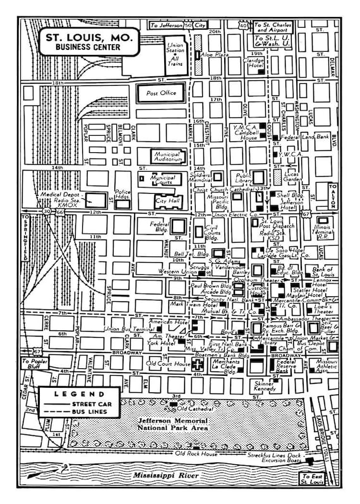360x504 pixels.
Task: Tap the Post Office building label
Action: pos(161,93)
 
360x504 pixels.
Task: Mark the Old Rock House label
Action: pos(196,453)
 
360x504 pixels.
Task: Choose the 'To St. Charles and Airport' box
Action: pos(272,27)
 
